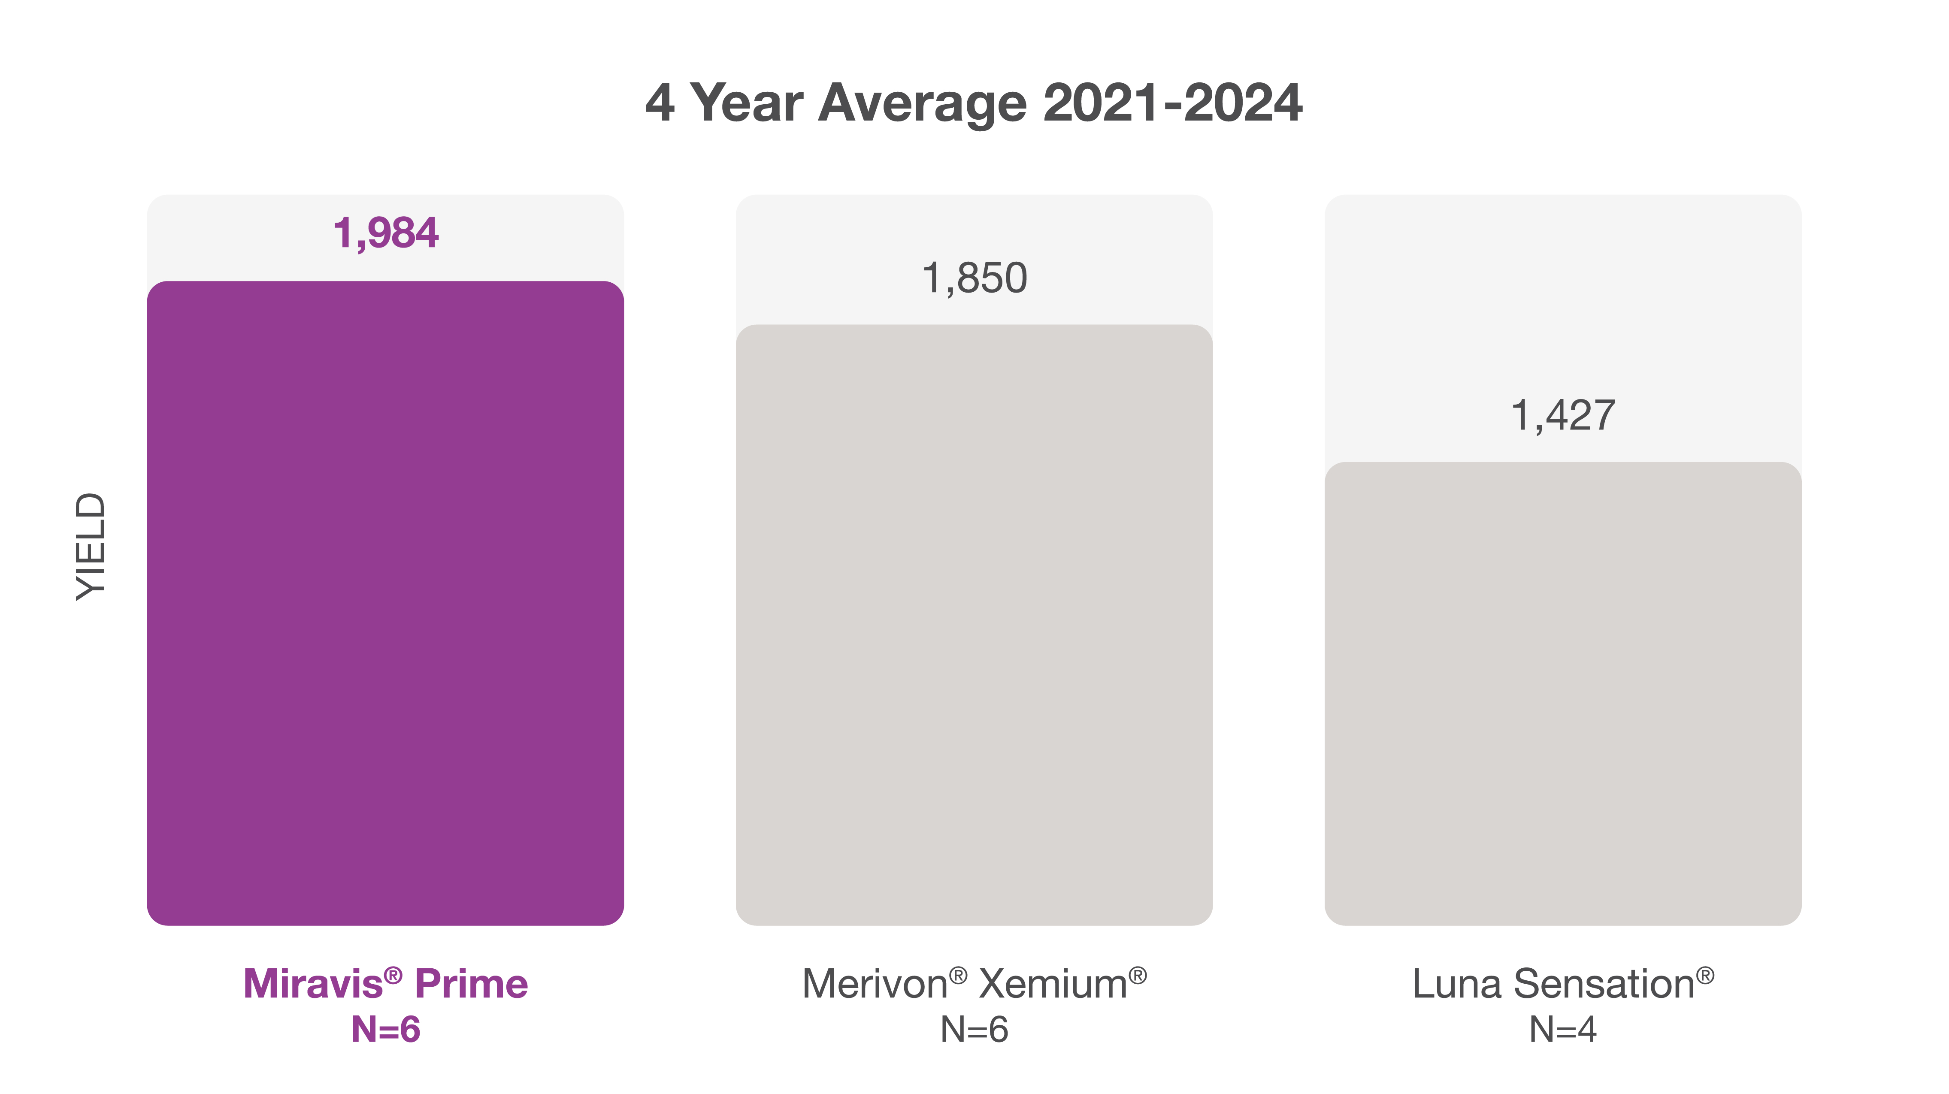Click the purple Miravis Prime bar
point(385,602)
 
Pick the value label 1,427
point(1562,415)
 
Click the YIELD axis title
point(91,546)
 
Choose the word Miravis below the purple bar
point(313,984)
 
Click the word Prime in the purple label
point(471,984)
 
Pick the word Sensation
point(1604,984)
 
